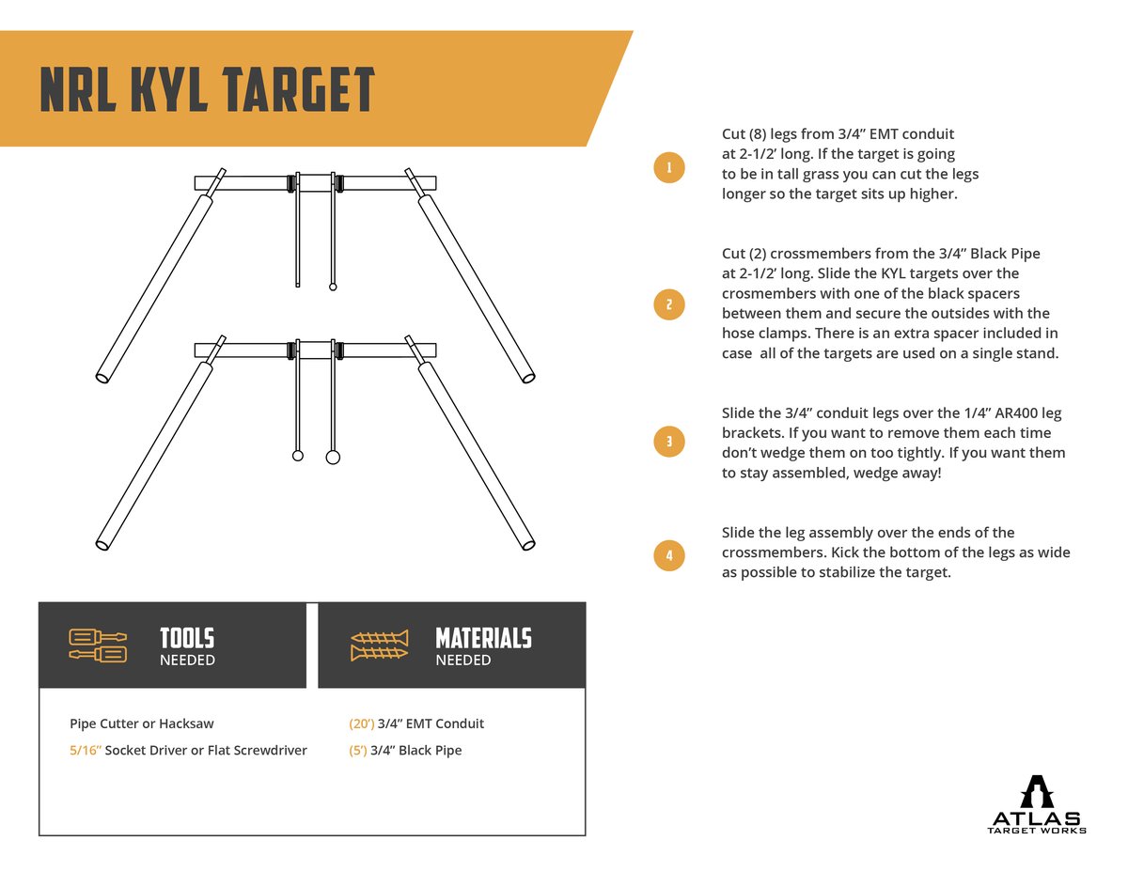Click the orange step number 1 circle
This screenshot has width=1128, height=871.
tap(668, 168)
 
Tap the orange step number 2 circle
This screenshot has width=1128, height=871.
tap(668, 304)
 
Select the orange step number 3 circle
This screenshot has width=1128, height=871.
tap(668, 442)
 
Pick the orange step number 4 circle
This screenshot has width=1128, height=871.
tap(668, 555)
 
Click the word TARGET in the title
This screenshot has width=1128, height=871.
tap(299, 90)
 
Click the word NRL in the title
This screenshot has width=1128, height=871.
tap(75, 90)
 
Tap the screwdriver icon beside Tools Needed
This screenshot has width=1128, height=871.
tap(98, 645)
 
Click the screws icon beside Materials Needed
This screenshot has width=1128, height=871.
tap(380, 645)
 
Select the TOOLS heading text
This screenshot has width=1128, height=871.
tap(187, 638)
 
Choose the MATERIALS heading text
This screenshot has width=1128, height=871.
tap(483, 638)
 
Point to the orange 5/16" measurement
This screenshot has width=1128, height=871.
tap(86, 751)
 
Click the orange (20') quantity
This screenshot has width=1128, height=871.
tap(361, 723)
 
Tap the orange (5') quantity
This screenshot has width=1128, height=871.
tap(357, 751)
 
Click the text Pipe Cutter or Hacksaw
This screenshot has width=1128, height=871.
tap(142, 723)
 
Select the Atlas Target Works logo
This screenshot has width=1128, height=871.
tap(1037, 805)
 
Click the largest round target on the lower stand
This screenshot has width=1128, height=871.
tap(333, 458)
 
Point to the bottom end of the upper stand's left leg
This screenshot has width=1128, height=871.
tap(102, 378)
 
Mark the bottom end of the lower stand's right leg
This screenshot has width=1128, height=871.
tap(528, 544)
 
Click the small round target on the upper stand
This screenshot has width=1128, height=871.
tap(333, 287)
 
